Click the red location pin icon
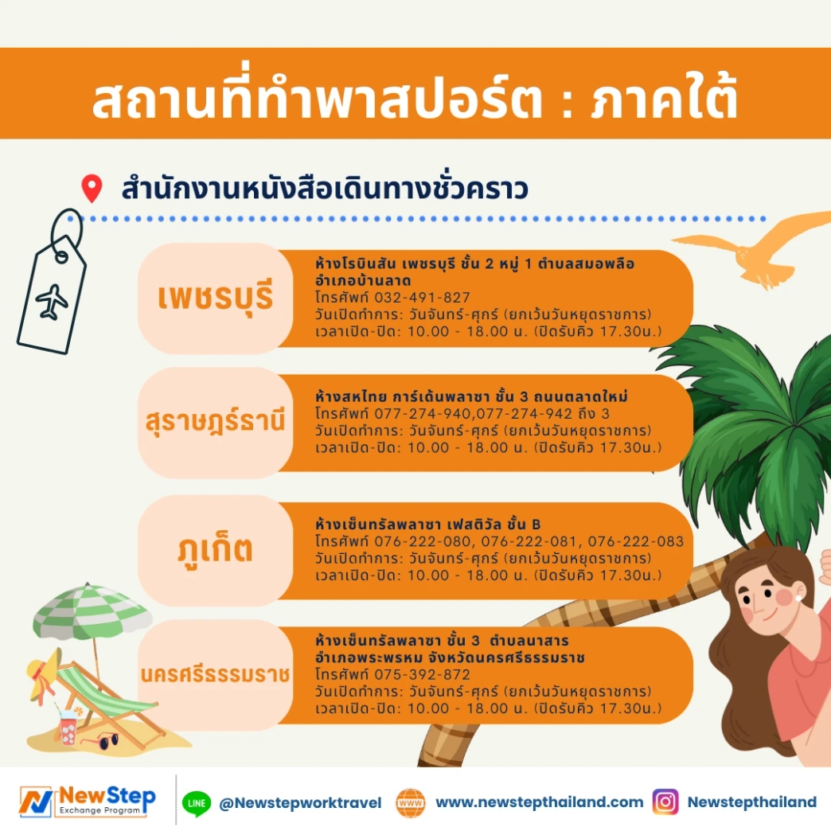click(x=92, y=189)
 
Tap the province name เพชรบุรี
click(x=215, y=298)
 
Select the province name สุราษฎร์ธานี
click(x=215, y=422)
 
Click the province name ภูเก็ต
click(x=215, y=548)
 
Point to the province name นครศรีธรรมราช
click(x=215, y=675)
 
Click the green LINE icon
click(x=196, y=802)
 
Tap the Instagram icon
click(x=665, y=802)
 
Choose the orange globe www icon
click(x=411, y=802)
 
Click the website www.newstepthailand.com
click(x=539, y=802)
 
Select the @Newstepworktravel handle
click(x=300, y=803)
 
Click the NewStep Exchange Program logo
click(x=88, y=801)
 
